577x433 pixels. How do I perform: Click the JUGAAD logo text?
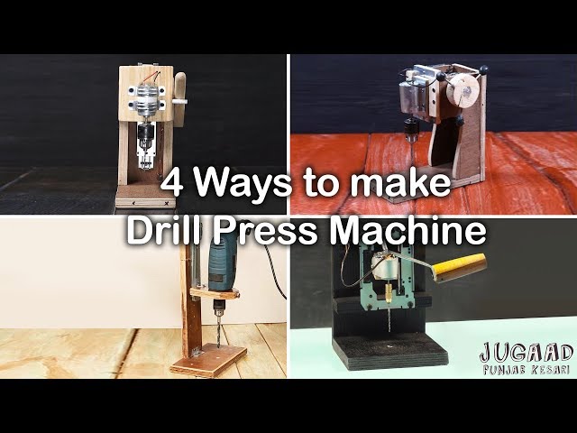527,353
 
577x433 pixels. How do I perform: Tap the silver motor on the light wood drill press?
146,98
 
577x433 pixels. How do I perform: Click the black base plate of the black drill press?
390,350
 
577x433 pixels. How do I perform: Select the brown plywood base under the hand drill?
208,360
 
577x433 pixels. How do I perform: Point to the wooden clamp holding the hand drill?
215,293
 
